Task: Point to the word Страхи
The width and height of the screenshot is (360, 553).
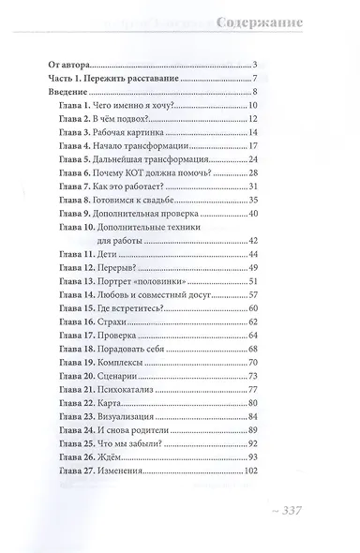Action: click(x=137, y=321)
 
